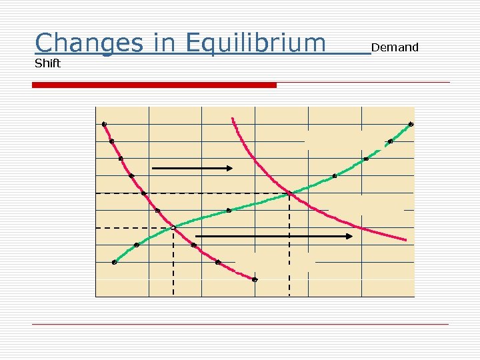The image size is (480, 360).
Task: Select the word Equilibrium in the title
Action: tap(256, 43)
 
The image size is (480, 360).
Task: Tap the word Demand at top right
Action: tap(395, 47)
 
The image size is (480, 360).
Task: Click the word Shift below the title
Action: tap(47, 63)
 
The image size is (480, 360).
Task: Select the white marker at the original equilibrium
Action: tap(173, 228)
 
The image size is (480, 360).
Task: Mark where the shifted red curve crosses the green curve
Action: tap(290, 194)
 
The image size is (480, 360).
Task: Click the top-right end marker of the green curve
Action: tap(411, 124)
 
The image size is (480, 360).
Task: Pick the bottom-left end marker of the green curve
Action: tap(114, 263)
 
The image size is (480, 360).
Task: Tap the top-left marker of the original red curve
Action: tap(104, 124)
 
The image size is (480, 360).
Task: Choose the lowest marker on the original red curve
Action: tap(255, 280)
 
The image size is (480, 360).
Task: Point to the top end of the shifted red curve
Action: tap(233, 119)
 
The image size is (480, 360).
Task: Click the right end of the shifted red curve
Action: tap(405, 239)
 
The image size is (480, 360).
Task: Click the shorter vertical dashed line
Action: tap(173, 263)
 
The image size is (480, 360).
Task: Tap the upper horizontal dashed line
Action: tap(193, 193)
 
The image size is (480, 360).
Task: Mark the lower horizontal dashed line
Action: tap(133, 228)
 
